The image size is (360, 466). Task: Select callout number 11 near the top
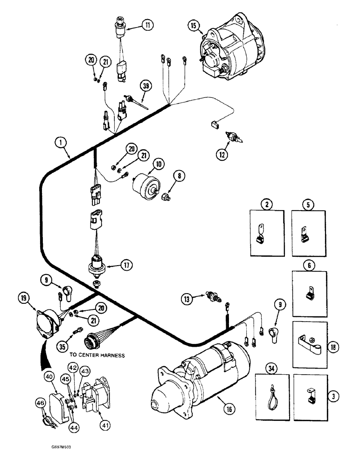click(148, 25)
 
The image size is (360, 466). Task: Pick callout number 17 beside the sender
click(125, 266)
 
